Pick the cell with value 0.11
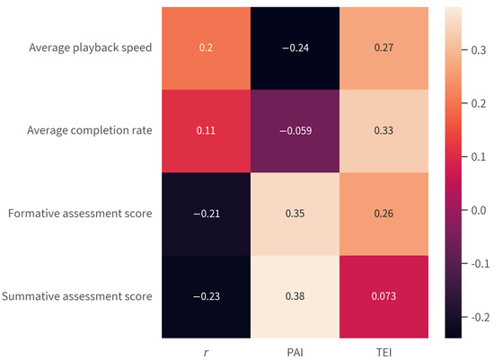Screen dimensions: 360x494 (x=207, y=131)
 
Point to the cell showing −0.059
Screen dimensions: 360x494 (x=295, y=131)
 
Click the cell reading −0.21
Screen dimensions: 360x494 (x=207, y=214)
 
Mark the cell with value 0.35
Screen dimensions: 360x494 (x=295, y=214)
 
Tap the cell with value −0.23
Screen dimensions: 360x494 (x=207, y=296)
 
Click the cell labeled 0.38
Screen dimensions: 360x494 (x=295, y=296)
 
